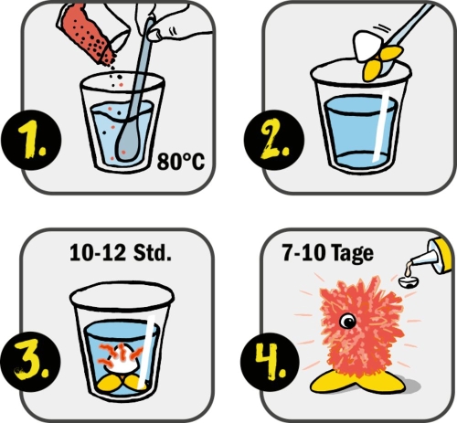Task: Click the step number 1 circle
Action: (34, 141)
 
